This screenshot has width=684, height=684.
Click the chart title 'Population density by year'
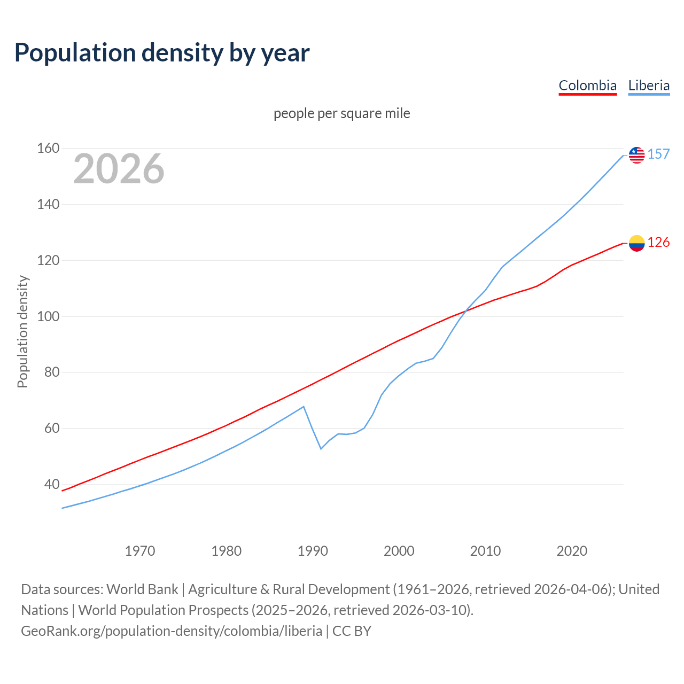[x=162, y=52]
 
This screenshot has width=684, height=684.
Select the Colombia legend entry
[x=587, y=85]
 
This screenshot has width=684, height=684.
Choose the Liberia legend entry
[x=649, y=85]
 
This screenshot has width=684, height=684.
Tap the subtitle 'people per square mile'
[x=342, y=113]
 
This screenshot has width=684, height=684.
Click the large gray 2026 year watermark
[x=119, y=169]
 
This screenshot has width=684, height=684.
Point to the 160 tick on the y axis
[x=48, y=148]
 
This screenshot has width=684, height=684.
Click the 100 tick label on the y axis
[x=48, y=316]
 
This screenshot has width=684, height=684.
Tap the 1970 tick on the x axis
[x=140, y=550]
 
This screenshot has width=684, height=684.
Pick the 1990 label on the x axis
[x=313, y=550]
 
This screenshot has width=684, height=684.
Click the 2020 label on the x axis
[x=572, y=550]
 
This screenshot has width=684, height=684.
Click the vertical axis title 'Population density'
[x=22, y=331]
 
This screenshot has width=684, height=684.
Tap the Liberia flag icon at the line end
[x=636, y=155]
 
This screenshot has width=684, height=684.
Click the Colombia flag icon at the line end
[x=636, y=243]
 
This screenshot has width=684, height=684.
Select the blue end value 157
[x=658, y=154]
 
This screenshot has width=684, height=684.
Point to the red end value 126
[x=658, y=243]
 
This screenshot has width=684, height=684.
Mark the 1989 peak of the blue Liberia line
[x=304, y=407]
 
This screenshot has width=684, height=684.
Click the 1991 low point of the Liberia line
[x=321, y=449]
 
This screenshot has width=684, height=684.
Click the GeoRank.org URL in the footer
[x=172, y=631]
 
